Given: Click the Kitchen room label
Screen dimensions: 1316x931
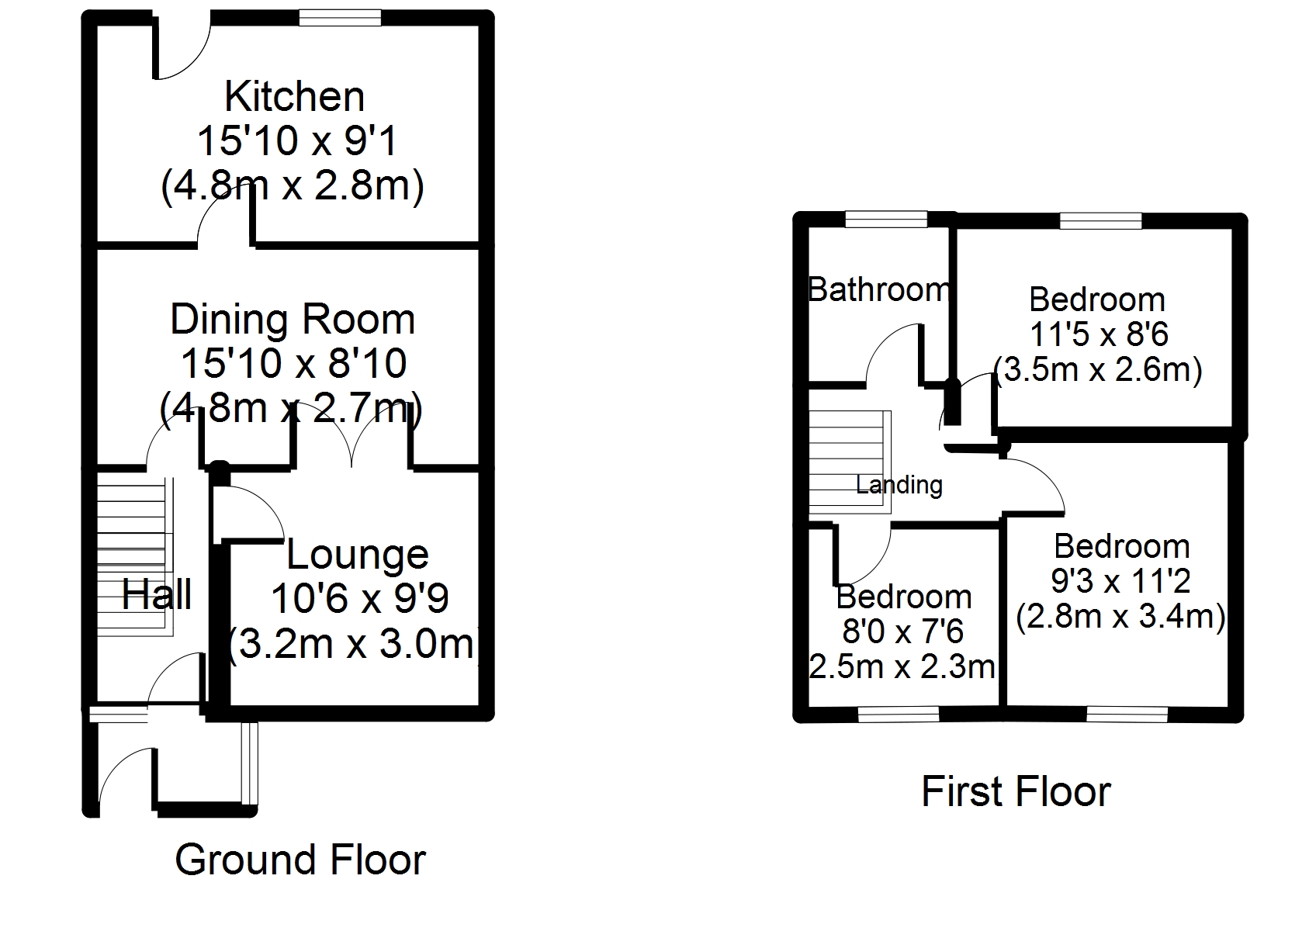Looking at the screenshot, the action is tap(294, 96).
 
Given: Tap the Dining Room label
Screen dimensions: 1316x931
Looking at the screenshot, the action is tap(293, 320).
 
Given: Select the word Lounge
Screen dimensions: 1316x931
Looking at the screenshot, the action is tap(357, 555).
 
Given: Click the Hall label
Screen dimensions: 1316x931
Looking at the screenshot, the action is tap(156, 594).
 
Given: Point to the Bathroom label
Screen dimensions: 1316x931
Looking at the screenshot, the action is tap(879, 289).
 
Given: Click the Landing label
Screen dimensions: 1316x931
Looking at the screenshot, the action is tap(899, 485).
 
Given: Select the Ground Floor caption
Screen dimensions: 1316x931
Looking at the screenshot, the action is tap(300, 860).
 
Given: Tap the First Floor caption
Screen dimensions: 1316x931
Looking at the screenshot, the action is tap(1016, 791).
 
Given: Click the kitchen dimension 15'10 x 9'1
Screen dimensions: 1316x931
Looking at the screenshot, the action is tap(296, 141).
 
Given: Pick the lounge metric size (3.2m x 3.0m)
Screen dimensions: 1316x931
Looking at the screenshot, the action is tap(352, 645).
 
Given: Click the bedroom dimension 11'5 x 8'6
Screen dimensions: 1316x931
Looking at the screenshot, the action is tap(1099, 335).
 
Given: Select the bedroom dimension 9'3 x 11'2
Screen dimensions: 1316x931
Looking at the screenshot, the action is tap(1120, 582).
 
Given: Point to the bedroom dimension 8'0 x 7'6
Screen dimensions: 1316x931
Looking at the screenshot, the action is tap(902, 632).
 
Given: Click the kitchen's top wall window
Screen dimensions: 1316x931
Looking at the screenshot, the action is tap(340, 18).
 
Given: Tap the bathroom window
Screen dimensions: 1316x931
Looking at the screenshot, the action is tap(886, 220).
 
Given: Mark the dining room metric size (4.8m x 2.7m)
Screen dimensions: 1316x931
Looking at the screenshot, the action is tap(291, 407).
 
